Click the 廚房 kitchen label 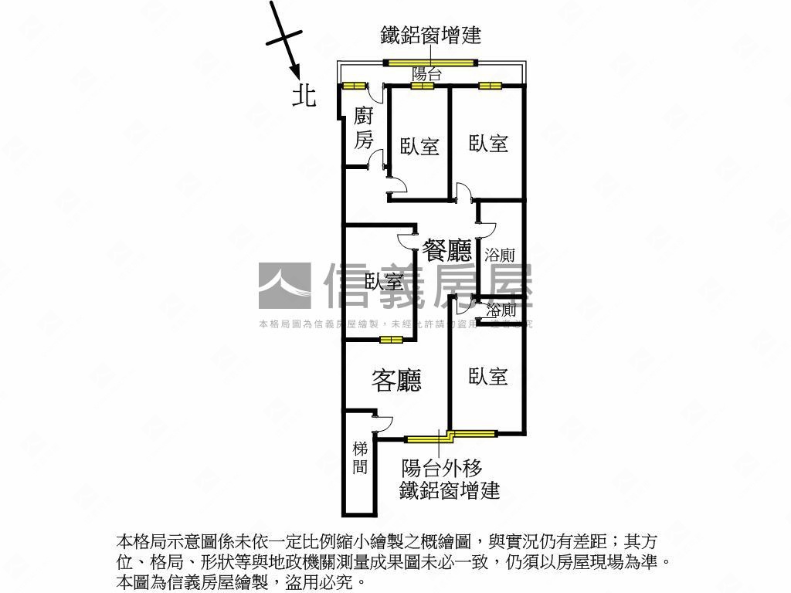pyautogui.click(x=363, y=128)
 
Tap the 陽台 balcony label pyautogui.click(x=426, y=74)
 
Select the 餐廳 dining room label pyautogui.click(x=446, y=250)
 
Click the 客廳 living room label pyautogui.click(x=396, y=380)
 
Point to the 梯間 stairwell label pyautogui.click(x=360, y=457)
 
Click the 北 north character pyautogui.click(x=304, y=95)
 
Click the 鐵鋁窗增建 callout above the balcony pyautogui.click(x=430, y=35)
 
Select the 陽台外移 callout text pyautogui.click(x=442, y=468)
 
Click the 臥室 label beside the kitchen pyautogui.click(x=419, y=146)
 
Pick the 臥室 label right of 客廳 pyautogui.click(x=488, y=376)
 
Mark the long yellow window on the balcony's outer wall pyautogui.click(x=432, y=63)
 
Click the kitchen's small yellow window pyautogui.click(x=354, y=85)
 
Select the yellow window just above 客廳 pyautogui.click(x=391, y=339)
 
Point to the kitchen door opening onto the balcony pyautogui.click(x=375, y=92)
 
